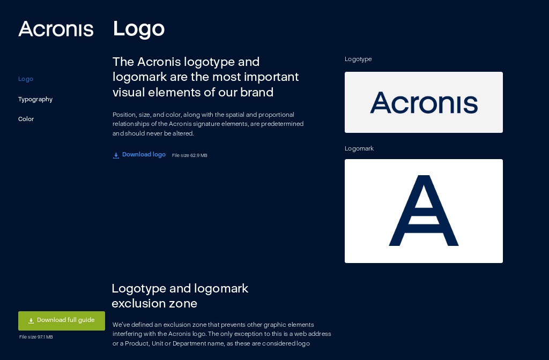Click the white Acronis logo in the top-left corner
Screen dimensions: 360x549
[x=56, y=29]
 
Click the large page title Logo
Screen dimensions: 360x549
[x=138, y=29]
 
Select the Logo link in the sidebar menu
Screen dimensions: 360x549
[x=26, y=79]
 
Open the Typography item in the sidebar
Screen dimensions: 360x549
[x=35, y=99]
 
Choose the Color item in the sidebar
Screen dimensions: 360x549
[x=26, y=119]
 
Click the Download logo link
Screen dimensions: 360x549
[x=144, y=154]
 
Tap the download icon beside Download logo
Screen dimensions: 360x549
[x=116, y=155]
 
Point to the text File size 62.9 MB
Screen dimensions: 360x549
[x=189, y=155]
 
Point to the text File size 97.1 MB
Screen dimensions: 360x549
[x=36, y=337]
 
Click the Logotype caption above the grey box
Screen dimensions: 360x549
[x=358, y=59]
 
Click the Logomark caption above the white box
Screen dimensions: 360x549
[x=359, y=148]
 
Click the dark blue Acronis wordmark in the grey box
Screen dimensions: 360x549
[x=424, y=102]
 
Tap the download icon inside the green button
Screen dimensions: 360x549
[x=31, y=320]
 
